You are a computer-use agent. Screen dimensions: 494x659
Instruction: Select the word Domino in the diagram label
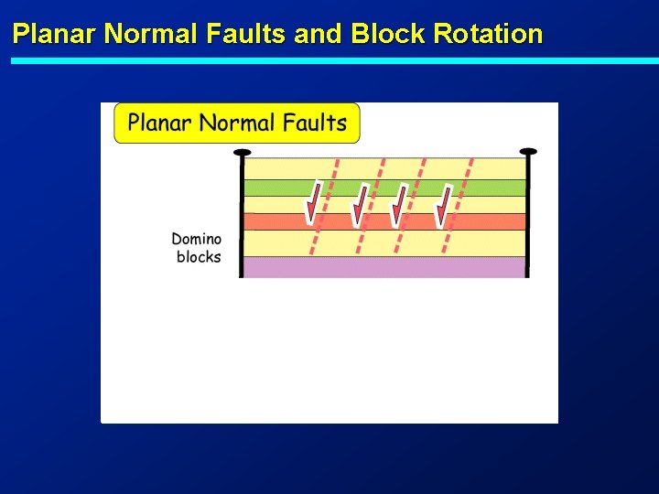(x=196, y=240)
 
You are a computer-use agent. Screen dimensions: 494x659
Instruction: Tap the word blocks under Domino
(x=199, y=257)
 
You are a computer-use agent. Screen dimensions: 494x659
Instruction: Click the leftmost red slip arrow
(x=314, y=203)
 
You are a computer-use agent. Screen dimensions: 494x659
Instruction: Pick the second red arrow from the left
(x=360, y=205)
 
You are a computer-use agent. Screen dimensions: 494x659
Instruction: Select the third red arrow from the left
(x=399, y=205)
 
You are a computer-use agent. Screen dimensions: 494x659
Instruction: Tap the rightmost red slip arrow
(x=443, y=205)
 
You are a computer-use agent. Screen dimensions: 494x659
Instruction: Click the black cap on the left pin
(x=242, y=152)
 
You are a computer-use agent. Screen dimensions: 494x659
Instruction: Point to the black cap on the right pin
(x=528, y=152)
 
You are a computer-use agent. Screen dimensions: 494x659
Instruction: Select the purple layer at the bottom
(x=384, y=266)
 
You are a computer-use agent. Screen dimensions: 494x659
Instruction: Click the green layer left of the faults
(x=275, y=188)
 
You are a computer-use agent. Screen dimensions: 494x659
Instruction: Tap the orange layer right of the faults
(x=494, y=221)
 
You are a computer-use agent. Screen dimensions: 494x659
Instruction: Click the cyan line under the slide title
(x=329, y=60)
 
